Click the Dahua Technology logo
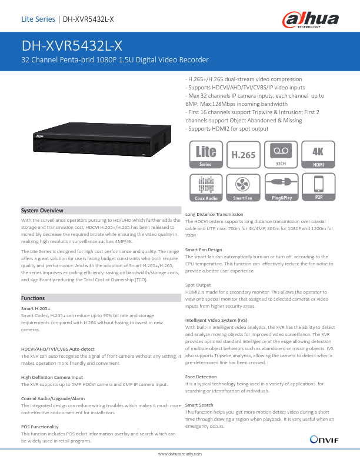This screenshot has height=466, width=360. [x=311, y=20]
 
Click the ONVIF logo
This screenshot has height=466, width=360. [x=324, y=440]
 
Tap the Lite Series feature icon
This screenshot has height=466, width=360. [x=206, y=155]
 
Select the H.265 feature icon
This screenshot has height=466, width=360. [x=244, y=155]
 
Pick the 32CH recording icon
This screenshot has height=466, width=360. [x=281, y=155]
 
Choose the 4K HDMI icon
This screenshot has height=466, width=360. [x=318, y=155]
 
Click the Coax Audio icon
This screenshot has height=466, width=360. [x=206, y=188]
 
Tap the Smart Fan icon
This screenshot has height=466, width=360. [x=243, y=188]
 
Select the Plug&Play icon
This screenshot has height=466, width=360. [x=281, y=187]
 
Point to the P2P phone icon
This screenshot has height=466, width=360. [x=319, y=187]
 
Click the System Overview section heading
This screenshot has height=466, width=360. [x=42, y=211]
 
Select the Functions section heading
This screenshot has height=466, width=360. [x=33, y=298]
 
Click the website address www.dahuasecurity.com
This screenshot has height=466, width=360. [x=180, y=454]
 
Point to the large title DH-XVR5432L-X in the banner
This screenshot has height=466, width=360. [x=72, y=46]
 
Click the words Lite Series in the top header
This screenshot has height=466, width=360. [x=38, y=19]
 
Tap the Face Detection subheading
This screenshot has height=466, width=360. [x=201, y=377]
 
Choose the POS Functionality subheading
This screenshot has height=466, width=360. [x=40, y=427]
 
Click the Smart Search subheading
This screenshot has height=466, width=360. [x=199, y=405]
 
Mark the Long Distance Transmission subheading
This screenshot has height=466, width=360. [x=214, y=214]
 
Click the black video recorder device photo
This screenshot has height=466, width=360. [x=102, y=139]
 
